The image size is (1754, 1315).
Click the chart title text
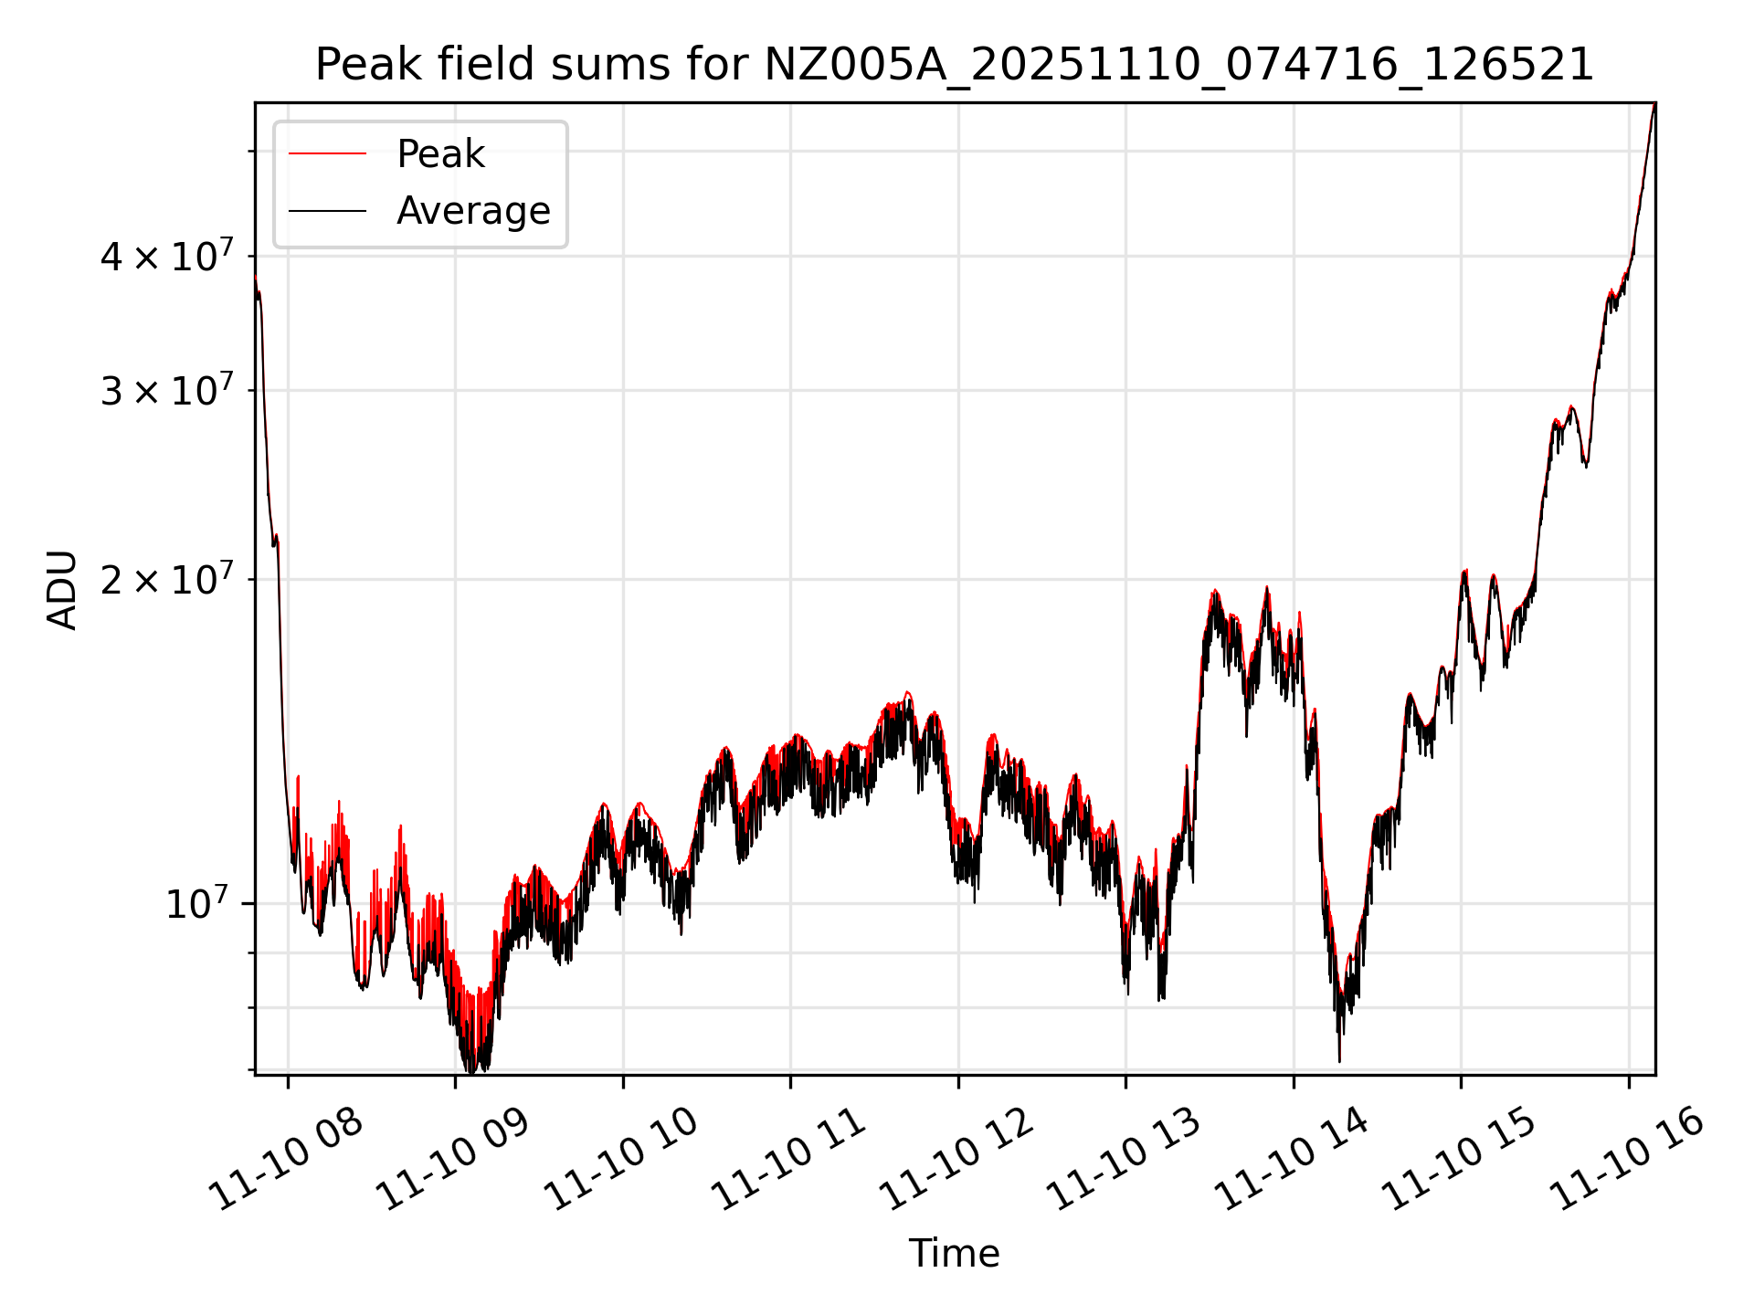click(x=954, y=65)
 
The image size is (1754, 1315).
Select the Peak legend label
click(x=440, y=154)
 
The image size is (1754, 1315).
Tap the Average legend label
click(x=473, y=211)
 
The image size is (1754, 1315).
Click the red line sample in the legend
click(x=328, y=154)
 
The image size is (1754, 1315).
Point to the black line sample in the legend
click(x=328, y=211)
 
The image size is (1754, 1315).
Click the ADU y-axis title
click(x=62, y=589)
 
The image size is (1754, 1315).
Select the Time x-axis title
click(x=954, y=1253)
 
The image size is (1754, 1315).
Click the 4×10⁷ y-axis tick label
click(x=167, y=257)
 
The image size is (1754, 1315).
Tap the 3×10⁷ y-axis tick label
click(x=167, y=391)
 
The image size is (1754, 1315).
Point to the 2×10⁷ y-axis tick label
click(x=167, y=580)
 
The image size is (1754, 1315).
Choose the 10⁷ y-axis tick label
click(x=195, y=904)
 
